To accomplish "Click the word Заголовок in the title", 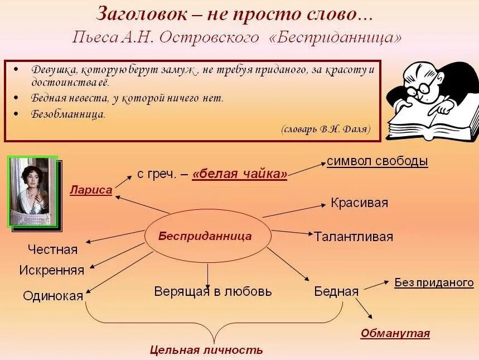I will pyautogui.click(x=147, y=14).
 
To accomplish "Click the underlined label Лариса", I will pyautogui.click(x=91, y=190).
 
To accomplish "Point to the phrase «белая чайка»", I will pyautogui.click(x=240, y=175).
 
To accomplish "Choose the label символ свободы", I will pyautogui.click(x=378, y=161).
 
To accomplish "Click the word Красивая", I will pyautogui.click(x=359, y=203).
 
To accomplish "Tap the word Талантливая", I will pyautogui.click(x=353, y=237).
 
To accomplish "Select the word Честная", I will pyautogui.click(x=52, y=249).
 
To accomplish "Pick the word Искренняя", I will pyautogui.click(x=51, y=271).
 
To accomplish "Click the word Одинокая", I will pyautogui.click(x=53, y=296).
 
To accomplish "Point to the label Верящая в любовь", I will pyautogui.click(x=213, y=291).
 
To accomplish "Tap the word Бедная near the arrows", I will pyautogui.click(x=336, y=291).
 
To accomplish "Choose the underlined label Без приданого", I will pyautogui.click(x=434, y=282).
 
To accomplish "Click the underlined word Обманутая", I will pyautogui.click(x=395, y=334).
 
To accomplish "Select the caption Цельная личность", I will pyautogui.click(x=206, y=351).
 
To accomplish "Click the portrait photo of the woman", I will pyautogui.click(x=34, y=191).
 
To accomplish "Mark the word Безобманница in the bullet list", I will pyautogui.click(x=68, y=114).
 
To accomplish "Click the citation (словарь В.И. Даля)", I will pyautogui.click(x=326, y=129).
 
